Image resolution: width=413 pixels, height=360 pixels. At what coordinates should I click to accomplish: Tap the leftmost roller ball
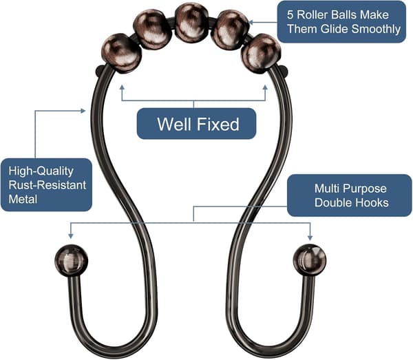(x=121, y=54)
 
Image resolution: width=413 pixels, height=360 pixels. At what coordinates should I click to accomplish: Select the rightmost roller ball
(x=261, y=54)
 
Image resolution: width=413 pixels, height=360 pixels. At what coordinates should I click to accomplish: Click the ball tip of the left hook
(x=71, y=260)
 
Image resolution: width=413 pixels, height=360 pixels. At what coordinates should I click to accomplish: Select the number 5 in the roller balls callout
(x=290, y=14)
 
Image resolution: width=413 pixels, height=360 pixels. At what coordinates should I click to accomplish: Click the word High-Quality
(x=41, y=171)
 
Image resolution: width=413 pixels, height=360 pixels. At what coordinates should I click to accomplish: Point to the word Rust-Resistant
(x=47, y=185)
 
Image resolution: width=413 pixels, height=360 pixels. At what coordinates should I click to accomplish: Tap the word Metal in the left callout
(x=23, y=199)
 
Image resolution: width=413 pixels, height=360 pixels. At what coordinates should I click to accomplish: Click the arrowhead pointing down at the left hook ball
(x=70, y=236)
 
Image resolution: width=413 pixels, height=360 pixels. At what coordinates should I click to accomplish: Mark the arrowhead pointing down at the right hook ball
(x=310, y=237)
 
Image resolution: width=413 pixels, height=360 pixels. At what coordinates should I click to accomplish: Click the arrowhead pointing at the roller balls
(x=251, y=23)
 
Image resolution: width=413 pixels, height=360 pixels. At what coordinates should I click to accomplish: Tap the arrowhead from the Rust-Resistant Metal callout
(x=83, y=111)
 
